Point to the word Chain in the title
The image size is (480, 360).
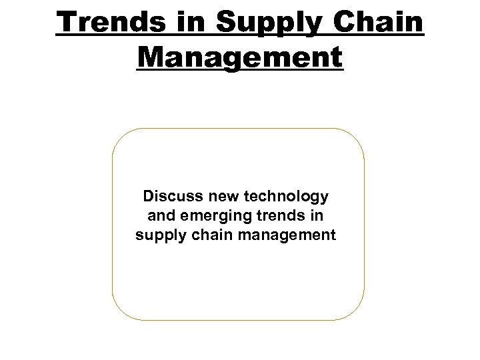click(x=385, y=22)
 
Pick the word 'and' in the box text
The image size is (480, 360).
click(x=159, y=215)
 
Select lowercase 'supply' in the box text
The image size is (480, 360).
click(x=156, y=235)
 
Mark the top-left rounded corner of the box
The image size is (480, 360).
click(x=120, y=137)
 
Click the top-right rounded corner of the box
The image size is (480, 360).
click(x=357, y=137)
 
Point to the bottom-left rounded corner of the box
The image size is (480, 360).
click(x=120, y=312)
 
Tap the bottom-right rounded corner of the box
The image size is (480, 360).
click(x=357, y=312)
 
